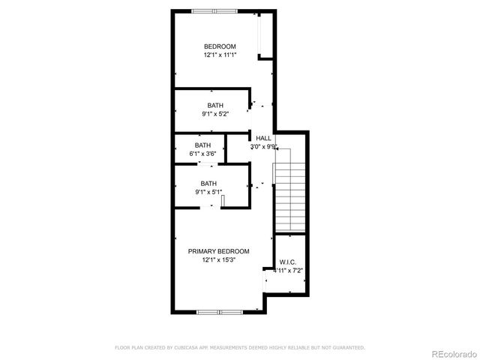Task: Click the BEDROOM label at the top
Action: tap(220, 46)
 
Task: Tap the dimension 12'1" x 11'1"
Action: tap(220, 55)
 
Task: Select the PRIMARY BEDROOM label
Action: tap(219, 251)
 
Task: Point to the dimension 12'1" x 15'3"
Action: tap(219, 260)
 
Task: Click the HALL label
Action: tap(263, 138)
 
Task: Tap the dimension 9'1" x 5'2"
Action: tap(215, 114)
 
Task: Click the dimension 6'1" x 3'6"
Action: tap(202, 154)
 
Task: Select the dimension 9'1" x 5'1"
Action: tap(208, 192)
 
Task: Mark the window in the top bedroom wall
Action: tap(214, 10)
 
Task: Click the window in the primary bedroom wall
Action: tap(218, 310)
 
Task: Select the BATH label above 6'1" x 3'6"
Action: tap(202, 145)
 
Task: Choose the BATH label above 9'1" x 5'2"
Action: tap(215, 105)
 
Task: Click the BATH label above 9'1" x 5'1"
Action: tap(208, 183)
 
